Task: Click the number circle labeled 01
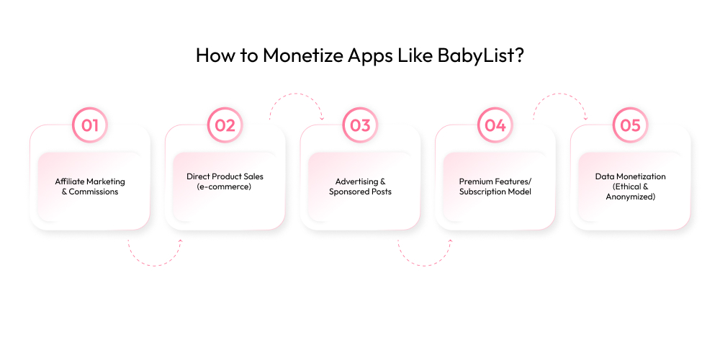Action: (x=90, y=125)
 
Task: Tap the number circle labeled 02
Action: (x=225, y=125)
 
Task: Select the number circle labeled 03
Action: (x=360, y=125)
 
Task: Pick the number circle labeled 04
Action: (x=495, y=125)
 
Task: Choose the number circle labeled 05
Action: (x=630, y=125)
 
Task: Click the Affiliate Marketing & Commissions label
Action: (x=90, y=186)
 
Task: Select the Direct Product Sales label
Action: (x=225, y=176)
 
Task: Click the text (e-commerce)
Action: (x=225, y=186)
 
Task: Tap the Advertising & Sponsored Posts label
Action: (x=360, y=186)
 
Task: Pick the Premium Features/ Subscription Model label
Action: (x=495, y=186)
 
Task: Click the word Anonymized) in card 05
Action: (x=630, y=196)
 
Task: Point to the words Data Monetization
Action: (x=630, y=176)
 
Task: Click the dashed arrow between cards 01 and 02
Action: (x=155, y=256)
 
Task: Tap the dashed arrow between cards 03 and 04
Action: (x=425, y=256)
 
